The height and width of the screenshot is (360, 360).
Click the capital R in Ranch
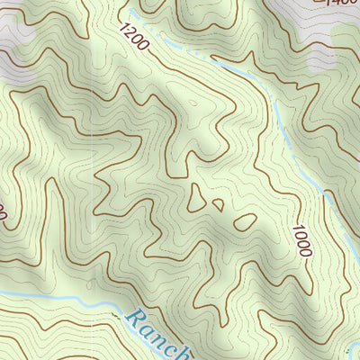(x=135, y=319)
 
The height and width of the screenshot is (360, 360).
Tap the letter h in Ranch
(x=183, y=352)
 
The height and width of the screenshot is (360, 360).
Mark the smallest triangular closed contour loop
(x=218, y=204)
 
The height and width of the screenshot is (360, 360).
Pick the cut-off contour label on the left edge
(x=3, y=214)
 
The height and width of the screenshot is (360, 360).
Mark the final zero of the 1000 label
(x=306, y=252)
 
